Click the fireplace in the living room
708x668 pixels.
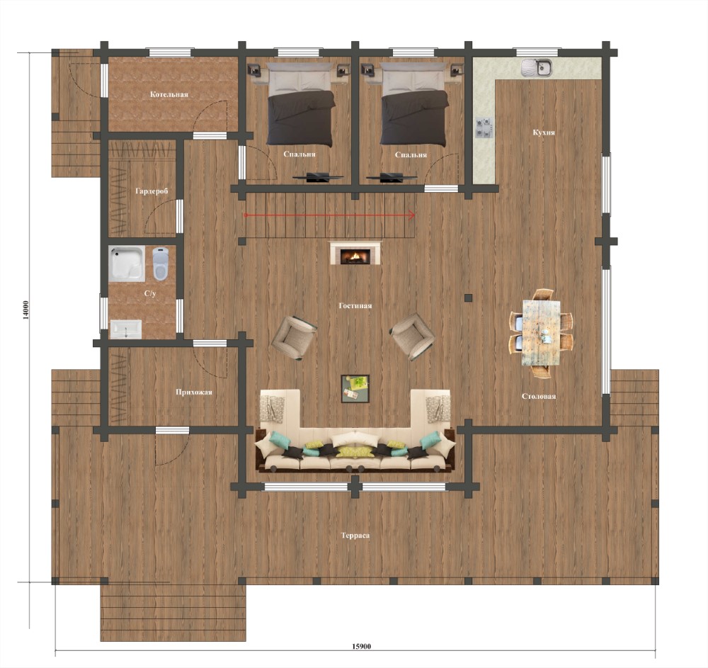355,253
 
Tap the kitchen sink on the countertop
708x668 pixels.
537,68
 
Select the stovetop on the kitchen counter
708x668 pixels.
484,128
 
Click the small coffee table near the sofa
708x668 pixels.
355,388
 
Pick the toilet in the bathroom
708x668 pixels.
160,264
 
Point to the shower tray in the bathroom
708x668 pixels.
127,264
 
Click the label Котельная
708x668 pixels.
169,94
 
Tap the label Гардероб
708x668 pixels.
152,191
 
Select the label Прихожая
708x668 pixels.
194,392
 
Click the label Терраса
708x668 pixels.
355,536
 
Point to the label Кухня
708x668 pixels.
544,132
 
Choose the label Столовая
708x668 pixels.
539,397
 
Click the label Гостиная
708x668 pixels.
355,306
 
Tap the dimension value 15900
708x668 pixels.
361,646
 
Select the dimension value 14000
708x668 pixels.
25,310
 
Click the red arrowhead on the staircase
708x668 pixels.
412,215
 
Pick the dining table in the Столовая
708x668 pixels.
541,333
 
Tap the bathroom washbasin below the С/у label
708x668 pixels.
126,329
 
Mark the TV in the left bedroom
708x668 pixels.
317,177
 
